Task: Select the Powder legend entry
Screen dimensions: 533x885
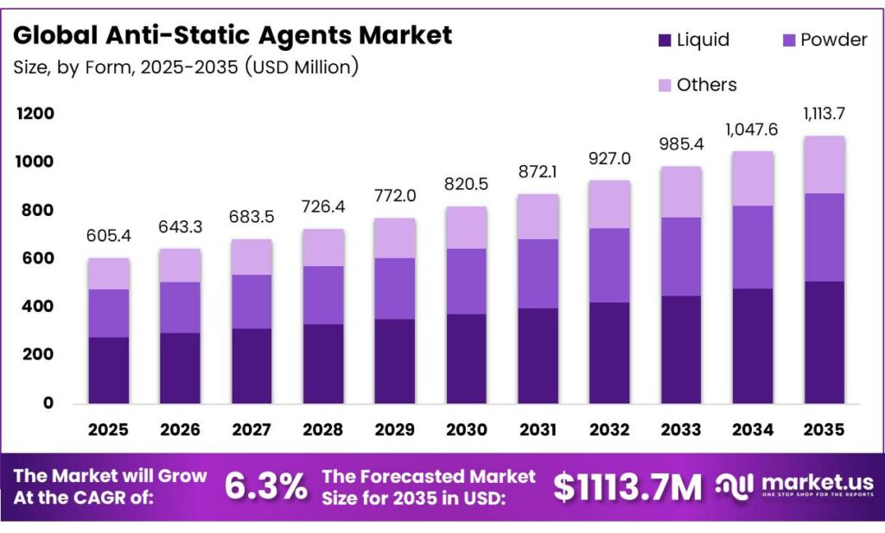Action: tap(821, 40)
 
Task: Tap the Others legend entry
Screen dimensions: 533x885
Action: tap(697, 85)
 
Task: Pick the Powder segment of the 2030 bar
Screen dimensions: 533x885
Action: tap(467, 281)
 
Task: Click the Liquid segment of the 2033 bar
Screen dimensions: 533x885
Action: tap(681, 349)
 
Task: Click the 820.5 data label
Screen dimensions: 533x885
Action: tap(467, 185)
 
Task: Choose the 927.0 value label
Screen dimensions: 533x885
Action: tap(610, 159)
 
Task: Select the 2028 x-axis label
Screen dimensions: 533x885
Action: tap(323, 429)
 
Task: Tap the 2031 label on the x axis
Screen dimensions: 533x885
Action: tap(538, 429)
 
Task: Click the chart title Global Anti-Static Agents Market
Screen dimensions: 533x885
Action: tap(232, 35)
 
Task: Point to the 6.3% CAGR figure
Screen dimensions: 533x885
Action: tap(265, 487)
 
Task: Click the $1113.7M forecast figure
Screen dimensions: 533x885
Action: tap(627, 487)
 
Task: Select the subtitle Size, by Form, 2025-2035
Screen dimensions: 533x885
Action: tap(186, 67)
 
